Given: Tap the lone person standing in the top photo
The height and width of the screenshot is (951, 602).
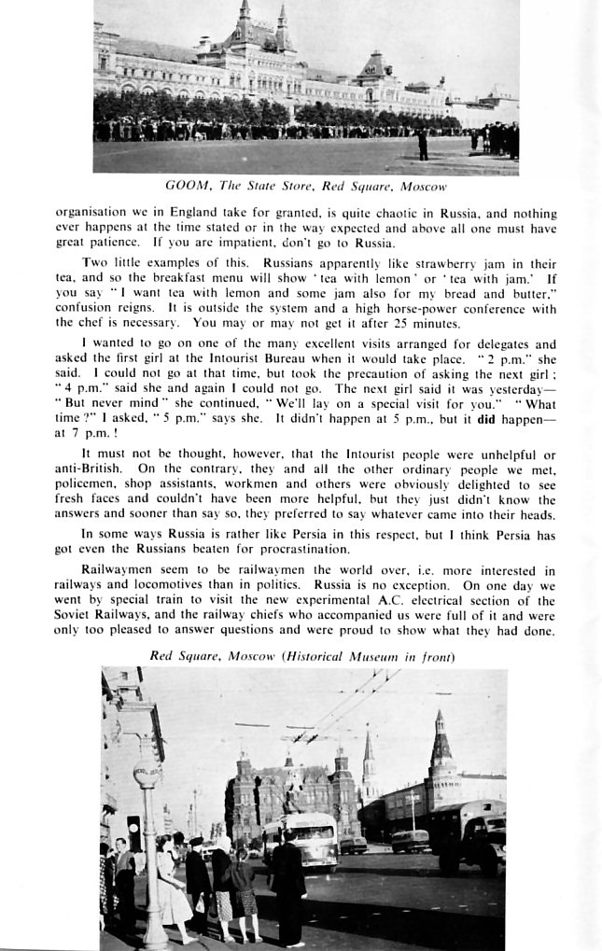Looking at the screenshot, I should (x=423, y=144).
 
